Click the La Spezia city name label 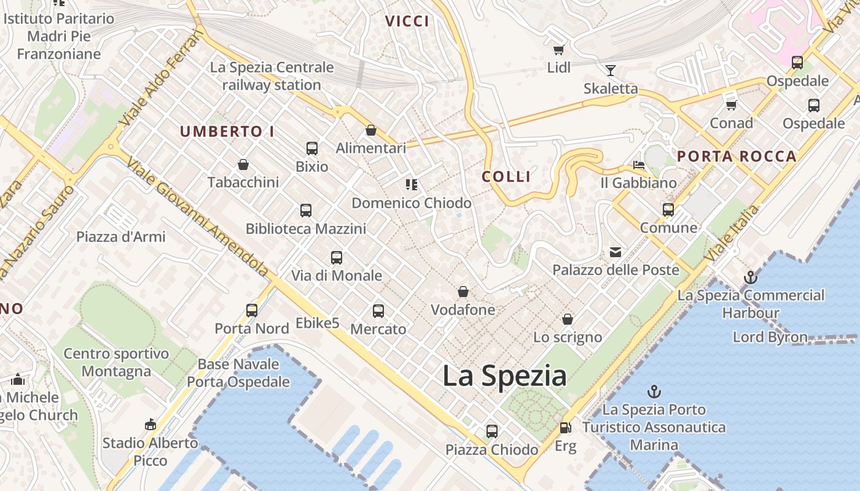tap(504, 376)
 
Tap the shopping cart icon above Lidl tap(558, 50)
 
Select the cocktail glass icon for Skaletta tap(611, 71)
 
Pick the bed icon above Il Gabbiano tap(639, 165)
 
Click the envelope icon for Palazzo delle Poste tap(615, 252)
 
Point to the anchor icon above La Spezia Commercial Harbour tap(750, 277)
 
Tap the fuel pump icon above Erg tap(565, 428)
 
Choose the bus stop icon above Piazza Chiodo tap(492, 431)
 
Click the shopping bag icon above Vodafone tap(463, 292)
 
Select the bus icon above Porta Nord tap(252, 311)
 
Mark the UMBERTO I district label tap(227, 131)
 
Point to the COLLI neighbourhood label tap(506, 177)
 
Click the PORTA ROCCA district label tap(737, 157)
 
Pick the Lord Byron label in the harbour tap(770, 337)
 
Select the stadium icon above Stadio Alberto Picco tap(150, 424)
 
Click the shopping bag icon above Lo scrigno tap(568, 319)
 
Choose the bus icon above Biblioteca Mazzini tap(306, 211)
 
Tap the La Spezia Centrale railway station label tap(272, 76)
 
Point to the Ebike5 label tap(318, 323)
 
